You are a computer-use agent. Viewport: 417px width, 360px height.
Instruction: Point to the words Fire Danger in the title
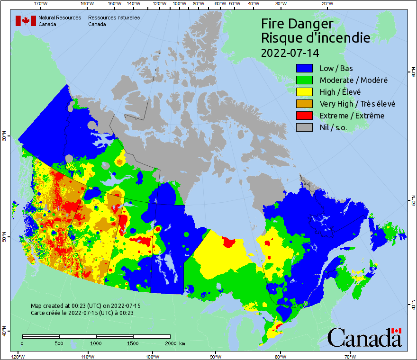297,24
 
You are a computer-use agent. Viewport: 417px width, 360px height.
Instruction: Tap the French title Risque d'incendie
316,38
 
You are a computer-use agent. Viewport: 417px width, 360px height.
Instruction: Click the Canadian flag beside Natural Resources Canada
26,21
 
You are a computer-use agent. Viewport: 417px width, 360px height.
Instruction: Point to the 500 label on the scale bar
59,343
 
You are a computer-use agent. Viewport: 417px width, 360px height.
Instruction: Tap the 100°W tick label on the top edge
179,4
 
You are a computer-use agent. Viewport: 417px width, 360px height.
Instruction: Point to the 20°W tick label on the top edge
326,4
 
